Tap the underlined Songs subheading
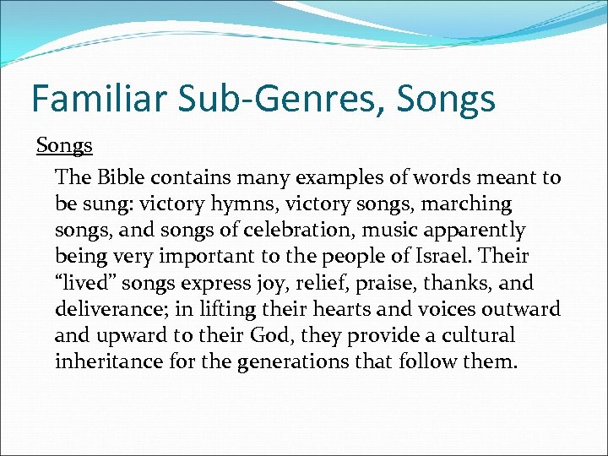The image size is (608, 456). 64,145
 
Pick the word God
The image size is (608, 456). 269,335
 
